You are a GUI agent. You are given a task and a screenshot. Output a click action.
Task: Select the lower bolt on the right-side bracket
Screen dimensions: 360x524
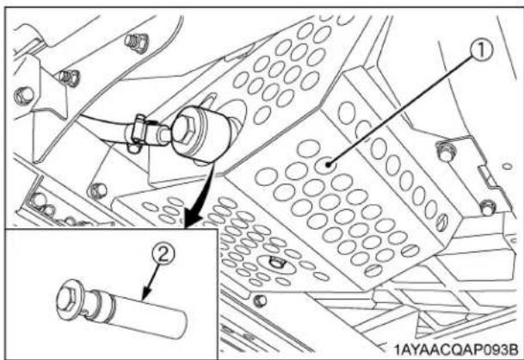point(488,207)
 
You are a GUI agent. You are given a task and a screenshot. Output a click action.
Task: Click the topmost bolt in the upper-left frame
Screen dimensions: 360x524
point(133,41)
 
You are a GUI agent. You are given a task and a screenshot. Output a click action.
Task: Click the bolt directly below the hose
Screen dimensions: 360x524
point(100,187)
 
